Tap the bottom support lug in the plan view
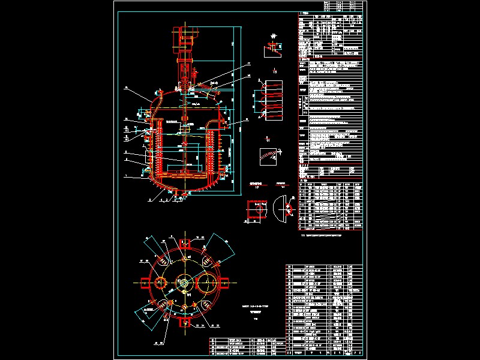tap(184, 322)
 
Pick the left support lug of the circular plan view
tap(146, 283)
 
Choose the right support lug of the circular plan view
tap(224, 283)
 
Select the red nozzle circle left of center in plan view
tap(161, 283)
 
